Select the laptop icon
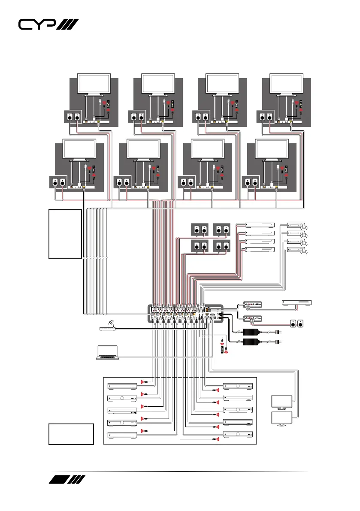click(x=106, y=352)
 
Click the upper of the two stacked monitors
click(x=282, y=402)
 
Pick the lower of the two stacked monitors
click(x=282, y=419)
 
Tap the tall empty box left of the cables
click(x=65, y=234)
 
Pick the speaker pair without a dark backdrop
click(x=298, y=323)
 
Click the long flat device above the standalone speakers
click(x=296, y=303)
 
